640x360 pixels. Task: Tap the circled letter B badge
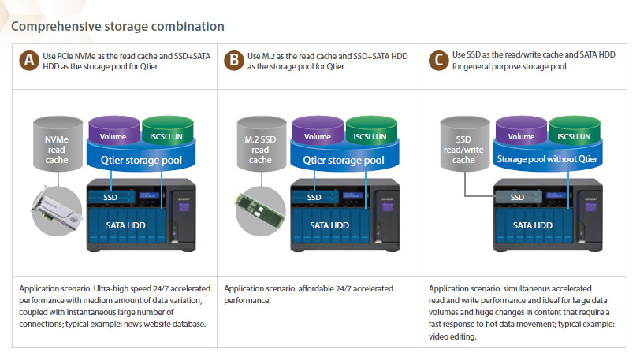click(233, 61)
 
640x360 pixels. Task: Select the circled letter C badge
click(437, 61)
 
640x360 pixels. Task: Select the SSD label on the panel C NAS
click(517, 197)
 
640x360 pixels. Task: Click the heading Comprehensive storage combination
click(117, 27)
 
